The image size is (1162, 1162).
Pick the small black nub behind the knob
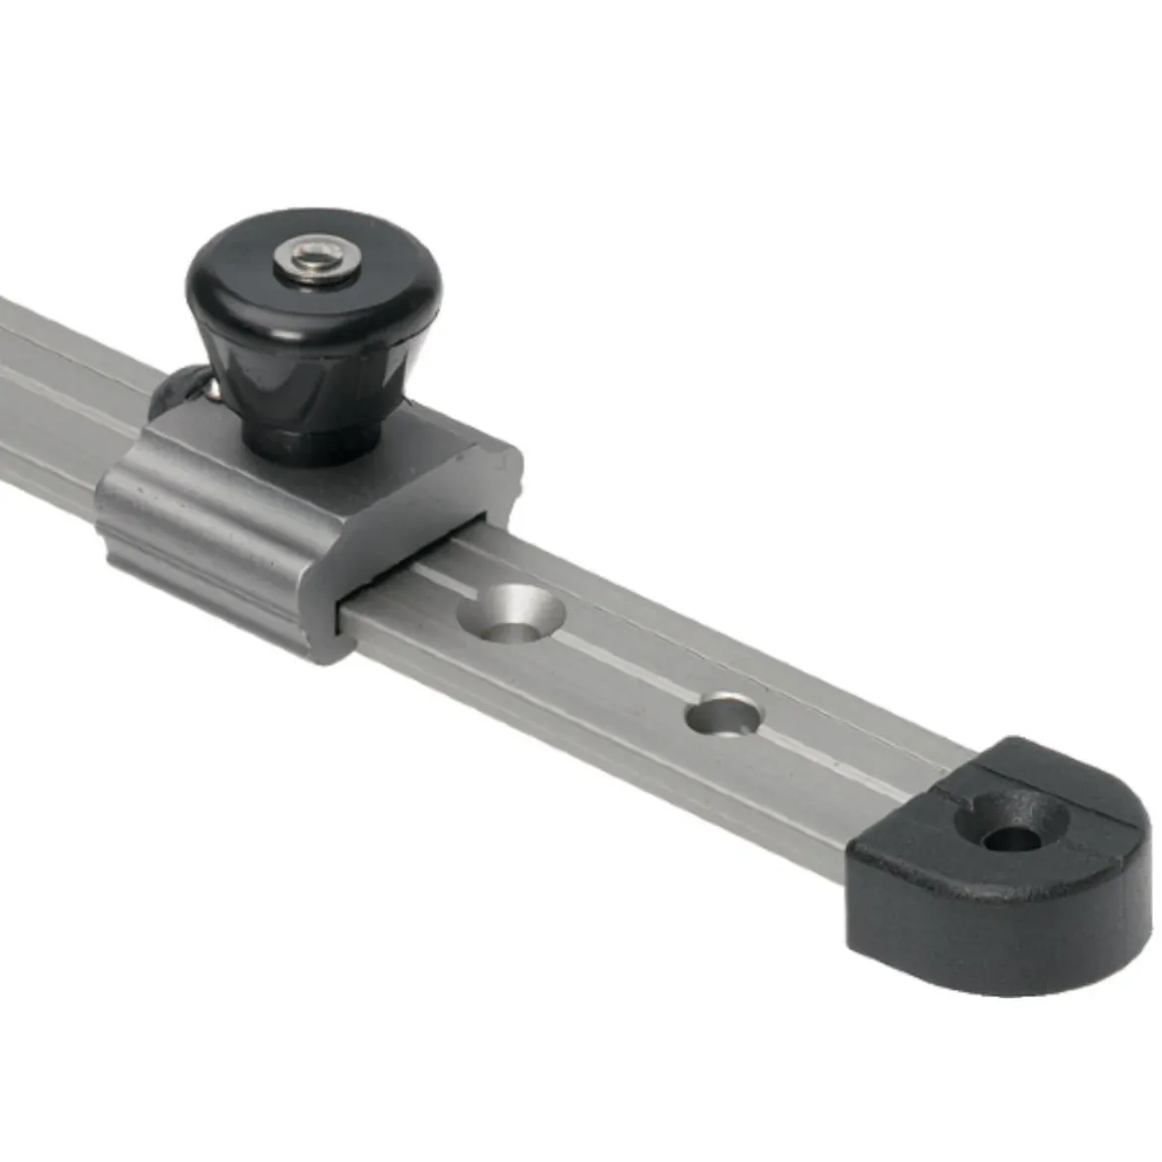click(x=179, y=392)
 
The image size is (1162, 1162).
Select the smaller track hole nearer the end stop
click(x=725, y=714)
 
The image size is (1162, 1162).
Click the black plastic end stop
click(x=993, y=874)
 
